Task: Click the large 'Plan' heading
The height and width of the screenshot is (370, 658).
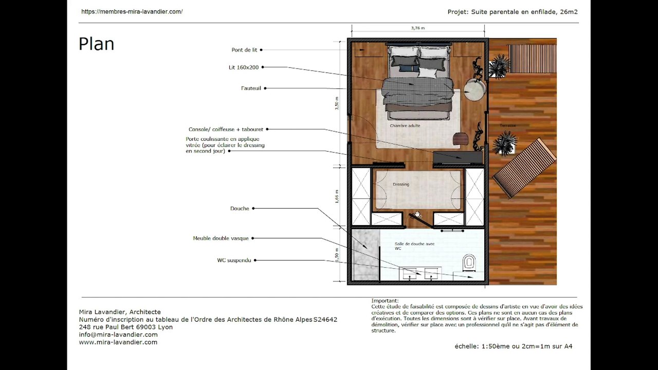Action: pyautogui.click(x=96, y=44)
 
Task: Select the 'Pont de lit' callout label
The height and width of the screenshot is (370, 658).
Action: pyautogui.click(x=244, y=50)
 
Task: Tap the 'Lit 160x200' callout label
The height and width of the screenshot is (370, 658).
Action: pyautogui.click(x=244, y=67)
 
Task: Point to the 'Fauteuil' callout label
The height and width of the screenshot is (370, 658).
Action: pyautogui.click(x=252, y=88)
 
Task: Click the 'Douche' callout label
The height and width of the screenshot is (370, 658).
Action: pyautogui.click(x=240, y=209)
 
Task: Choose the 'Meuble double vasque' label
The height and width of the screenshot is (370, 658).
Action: pyautogui.click(x=221, y=238)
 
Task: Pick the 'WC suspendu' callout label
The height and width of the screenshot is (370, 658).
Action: pyautogui.click(x=234, y=261)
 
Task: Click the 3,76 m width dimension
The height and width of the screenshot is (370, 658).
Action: pyautogui.click(x=418, y=28)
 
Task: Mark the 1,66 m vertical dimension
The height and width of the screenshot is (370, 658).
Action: pyautogui.click(x=337, y=196)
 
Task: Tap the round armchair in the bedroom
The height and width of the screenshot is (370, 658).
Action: pyautogui.click(x=475, y=90)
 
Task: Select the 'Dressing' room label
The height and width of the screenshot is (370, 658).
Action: pyautogui.click(x=401, y=184)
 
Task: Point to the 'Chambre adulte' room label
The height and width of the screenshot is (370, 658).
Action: pyautogui.click(x=405, y=126)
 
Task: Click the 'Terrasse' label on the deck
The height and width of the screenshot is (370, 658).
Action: pyautogui.click(x=507, y=125)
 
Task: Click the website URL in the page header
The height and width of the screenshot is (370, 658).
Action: pyautogui.click(x=132, y=11)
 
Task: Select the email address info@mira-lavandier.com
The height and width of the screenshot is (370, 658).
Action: pyautogui.click(x=118, y=335)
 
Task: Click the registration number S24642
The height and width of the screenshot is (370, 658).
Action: pyautogui.click(x=325, y=320)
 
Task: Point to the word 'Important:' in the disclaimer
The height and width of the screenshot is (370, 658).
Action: pyautogui.click(x=385, y=301)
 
